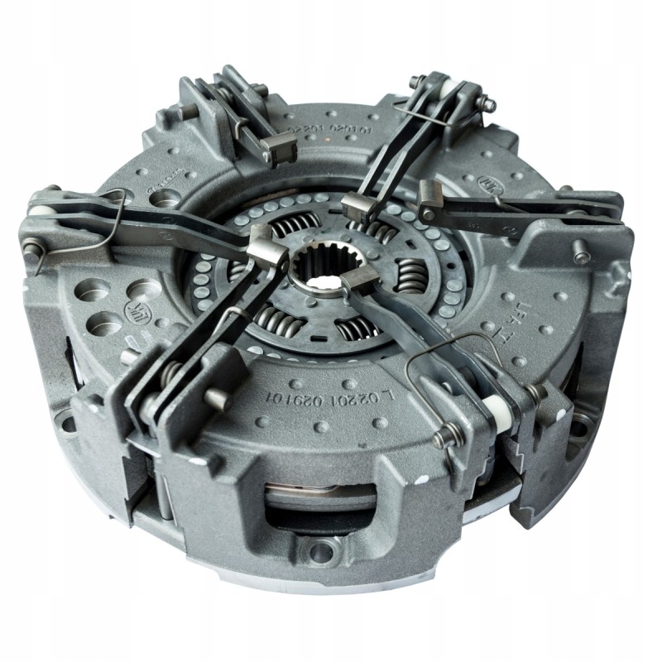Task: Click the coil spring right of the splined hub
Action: click(x=409, y=274)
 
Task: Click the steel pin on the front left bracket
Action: click(x=217, y=401)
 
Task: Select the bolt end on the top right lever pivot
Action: click(x=490, y=105)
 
